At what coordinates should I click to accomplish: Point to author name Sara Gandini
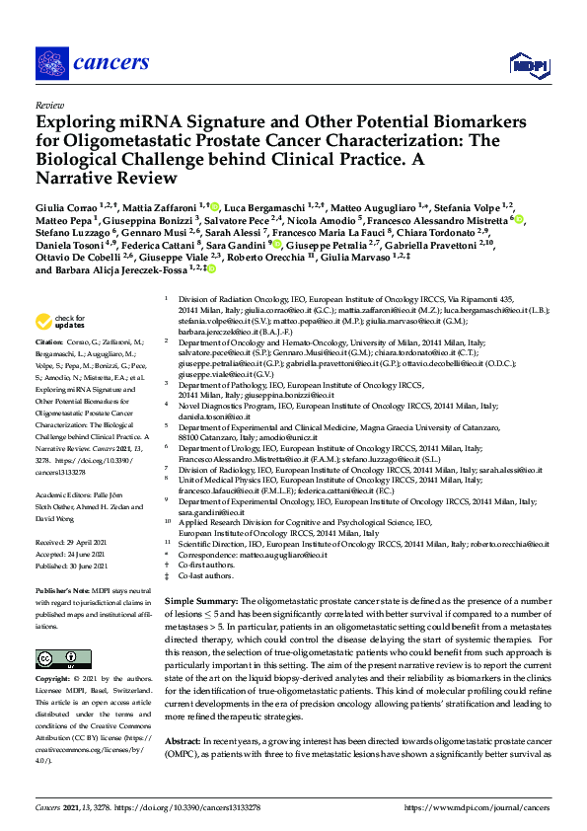click(x=236, y=243)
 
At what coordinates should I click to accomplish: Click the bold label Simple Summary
click(x=200, y=600)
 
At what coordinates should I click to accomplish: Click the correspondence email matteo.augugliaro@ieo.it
click(x=292, y=557)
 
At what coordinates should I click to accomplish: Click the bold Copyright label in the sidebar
click(x=54, y=679)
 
